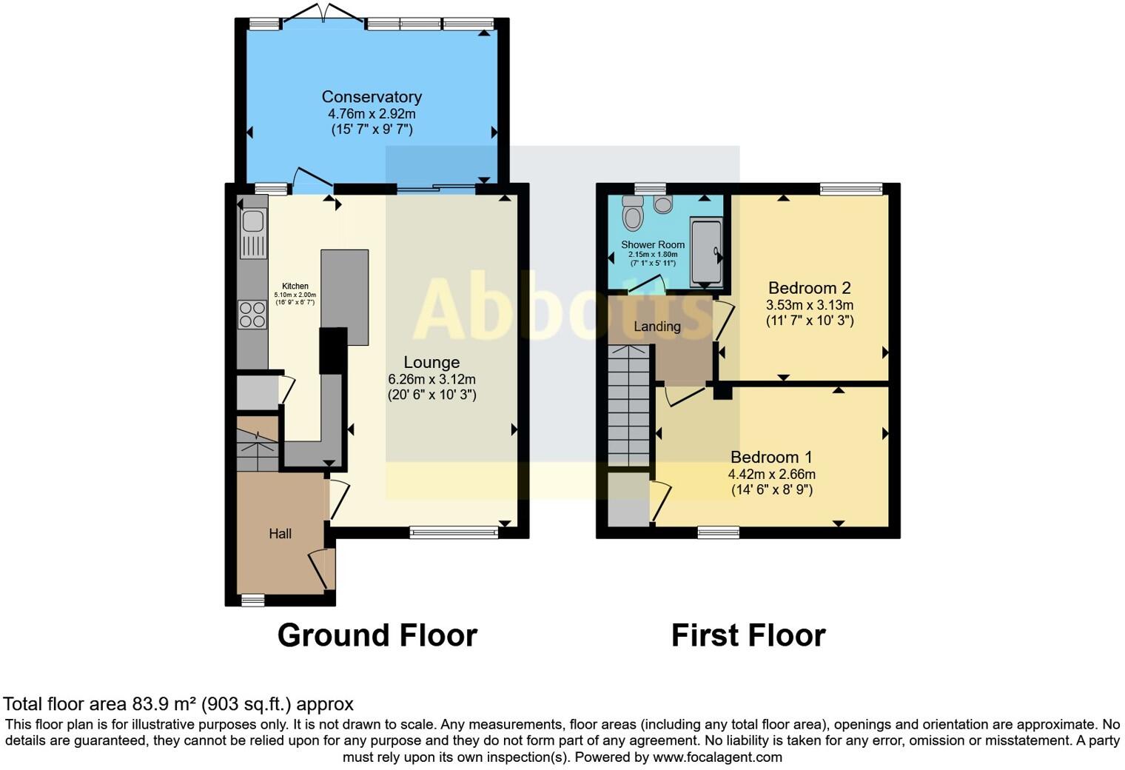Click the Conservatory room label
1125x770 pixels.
tap(372, 97)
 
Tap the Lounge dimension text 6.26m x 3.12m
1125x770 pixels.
tap(431, 379)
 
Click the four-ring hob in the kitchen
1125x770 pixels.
tap(252, 315)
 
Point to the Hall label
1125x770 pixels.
tap(280, 534)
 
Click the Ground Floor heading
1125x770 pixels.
tap(377, 635)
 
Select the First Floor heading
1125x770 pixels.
tap(748, 635)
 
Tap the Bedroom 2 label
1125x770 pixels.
tap(809, 288)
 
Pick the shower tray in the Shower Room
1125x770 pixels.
tap(705, 252)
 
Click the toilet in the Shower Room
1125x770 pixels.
tap(633, 214)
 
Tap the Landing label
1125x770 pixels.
tap(656, 327)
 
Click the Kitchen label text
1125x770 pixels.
tap(295, 286)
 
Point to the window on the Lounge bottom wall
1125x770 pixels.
tap(454, 532)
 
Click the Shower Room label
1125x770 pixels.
tap(653, 244)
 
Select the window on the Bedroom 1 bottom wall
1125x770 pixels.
tap(718, 532)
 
